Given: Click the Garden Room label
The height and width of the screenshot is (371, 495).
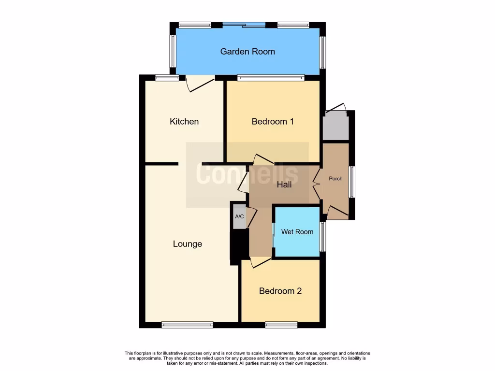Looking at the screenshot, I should tap(247, 51).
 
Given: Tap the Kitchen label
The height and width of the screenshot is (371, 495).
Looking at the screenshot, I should tap(184, 121).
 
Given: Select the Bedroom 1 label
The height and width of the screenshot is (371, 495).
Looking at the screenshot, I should tap(273, 121).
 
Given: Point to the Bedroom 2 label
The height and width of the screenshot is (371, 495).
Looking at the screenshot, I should tap(280, 291).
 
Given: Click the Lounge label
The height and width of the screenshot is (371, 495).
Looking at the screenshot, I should tap(188, 244).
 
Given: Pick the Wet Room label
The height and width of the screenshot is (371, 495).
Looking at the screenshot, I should tap(297, 232).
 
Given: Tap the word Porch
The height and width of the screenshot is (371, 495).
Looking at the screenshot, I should tap(335, 179).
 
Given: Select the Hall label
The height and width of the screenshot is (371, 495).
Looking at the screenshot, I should tap(284, 185).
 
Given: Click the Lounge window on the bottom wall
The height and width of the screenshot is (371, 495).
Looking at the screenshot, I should tap(187, 325).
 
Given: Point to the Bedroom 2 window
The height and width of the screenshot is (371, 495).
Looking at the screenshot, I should tap(281, 325).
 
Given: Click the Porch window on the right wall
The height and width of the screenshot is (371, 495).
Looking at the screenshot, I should tap(352, 183).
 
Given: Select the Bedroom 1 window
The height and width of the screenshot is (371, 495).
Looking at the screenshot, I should tap(271, 77).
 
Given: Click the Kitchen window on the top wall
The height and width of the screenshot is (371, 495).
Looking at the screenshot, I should tap(167, 77).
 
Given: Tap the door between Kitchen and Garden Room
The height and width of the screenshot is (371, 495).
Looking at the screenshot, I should tap(200, 83).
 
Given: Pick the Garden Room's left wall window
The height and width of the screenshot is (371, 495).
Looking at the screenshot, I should tap(173, 51).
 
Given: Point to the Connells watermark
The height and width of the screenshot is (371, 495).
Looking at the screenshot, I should tap(247, 175).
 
